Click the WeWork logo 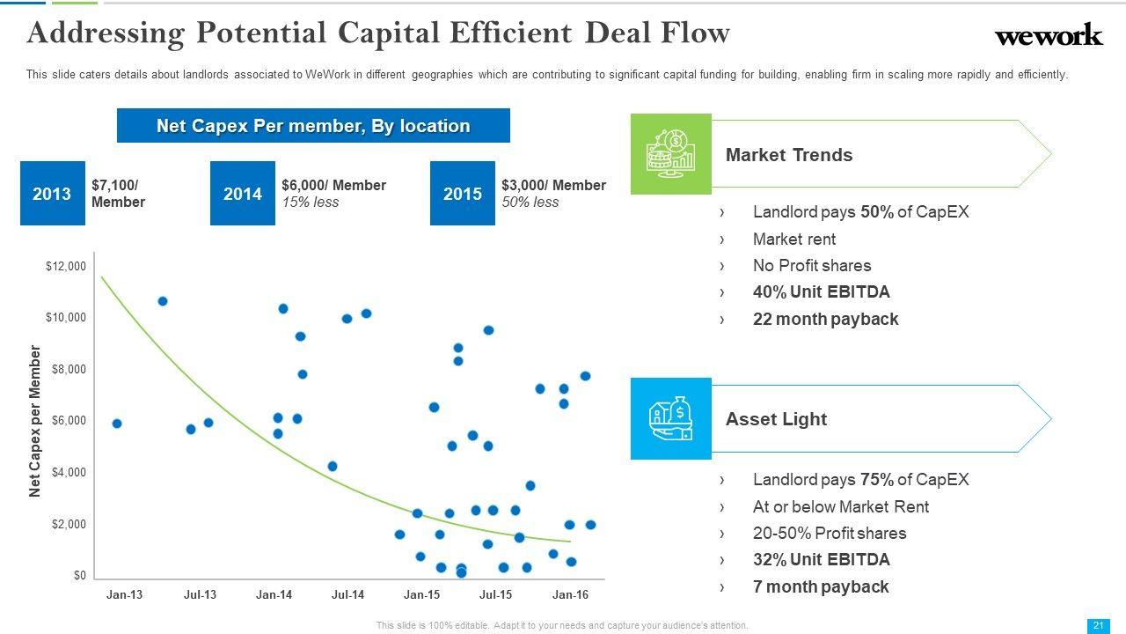1048,35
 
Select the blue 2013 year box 52,194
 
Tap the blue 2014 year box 243,194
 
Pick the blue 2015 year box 462,194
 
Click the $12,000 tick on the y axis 66,267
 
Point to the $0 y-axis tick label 79,576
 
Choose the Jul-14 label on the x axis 347,595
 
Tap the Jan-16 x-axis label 570,595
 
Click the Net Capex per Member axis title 35,421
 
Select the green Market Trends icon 670,154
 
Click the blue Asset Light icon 670,419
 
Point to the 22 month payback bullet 825,320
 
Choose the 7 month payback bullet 821,587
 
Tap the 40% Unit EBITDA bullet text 821,292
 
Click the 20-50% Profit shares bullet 829,534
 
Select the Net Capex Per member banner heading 313,126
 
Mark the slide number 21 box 1098,625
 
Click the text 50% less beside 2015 530,203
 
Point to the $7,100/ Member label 118,194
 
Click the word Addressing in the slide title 106,33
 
